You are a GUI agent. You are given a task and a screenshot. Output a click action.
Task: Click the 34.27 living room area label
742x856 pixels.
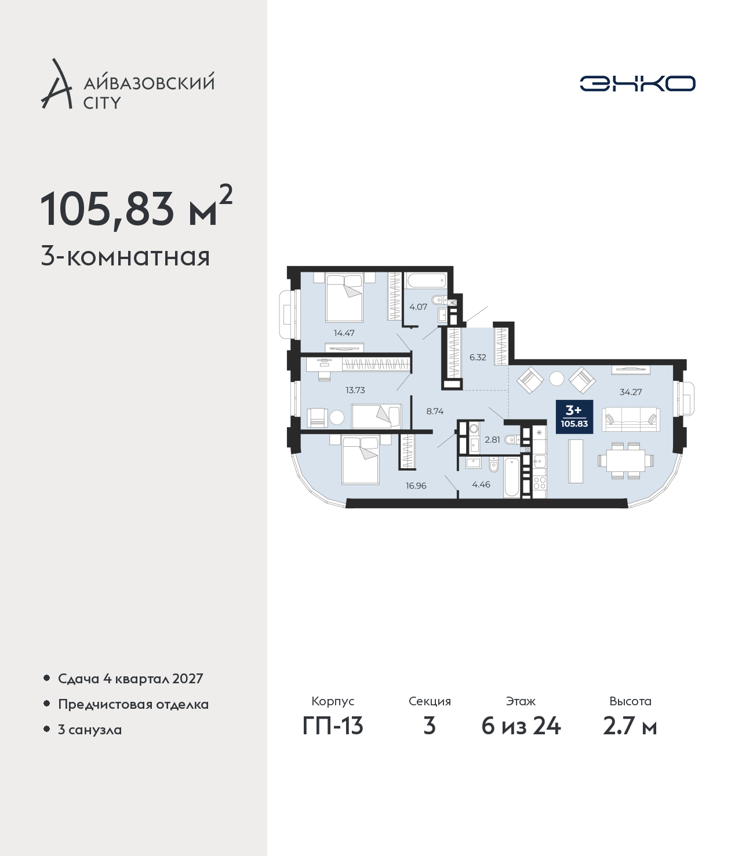631,392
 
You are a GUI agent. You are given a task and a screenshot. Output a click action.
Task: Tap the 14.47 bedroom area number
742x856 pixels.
344,333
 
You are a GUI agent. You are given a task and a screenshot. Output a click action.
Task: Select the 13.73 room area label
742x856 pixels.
355,389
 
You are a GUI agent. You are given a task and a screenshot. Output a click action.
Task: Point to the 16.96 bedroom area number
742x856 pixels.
416,486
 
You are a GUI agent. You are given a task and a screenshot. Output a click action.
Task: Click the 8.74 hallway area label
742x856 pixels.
435,411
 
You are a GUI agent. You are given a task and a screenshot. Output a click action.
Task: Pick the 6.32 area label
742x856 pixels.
478,357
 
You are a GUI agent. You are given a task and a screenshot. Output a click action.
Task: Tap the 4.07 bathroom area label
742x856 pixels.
418,307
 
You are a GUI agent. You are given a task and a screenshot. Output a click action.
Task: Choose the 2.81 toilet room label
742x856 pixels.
492,440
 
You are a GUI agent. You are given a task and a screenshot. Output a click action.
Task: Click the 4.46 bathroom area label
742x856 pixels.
481,484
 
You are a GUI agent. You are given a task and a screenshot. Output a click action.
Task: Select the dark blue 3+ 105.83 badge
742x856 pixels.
574,417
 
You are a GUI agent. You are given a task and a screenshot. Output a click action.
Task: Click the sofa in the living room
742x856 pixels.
631,420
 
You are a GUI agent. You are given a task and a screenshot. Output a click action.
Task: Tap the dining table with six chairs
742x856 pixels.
625,460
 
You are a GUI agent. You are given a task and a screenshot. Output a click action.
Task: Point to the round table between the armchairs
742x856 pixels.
556,378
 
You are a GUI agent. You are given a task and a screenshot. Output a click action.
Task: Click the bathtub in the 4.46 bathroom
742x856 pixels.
511,477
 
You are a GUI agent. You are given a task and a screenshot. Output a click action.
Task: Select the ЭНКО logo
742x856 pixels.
637,83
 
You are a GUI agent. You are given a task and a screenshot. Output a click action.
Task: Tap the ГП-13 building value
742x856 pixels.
333,738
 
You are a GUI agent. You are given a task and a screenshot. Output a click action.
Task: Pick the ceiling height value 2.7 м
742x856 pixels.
630,738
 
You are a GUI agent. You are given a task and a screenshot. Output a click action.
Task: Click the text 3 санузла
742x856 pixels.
90,729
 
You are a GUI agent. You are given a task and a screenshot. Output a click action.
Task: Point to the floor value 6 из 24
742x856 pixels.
521,738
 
